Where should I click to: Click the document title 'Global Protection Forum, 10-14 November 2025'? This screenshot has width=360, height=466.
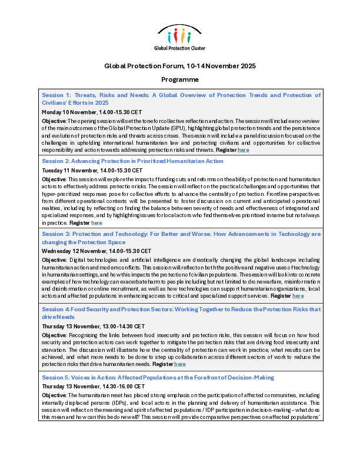[180, 66]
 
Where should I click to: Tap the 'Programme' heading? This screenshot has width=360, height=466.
[180, 79]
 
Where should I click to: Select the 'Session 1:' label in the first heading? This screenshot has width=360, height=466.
[56, 95]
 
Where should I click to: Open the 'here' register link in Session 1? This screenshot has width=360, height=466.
[244, 150]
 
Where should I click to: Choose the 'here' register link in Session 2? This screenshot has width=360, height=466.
[97, 223]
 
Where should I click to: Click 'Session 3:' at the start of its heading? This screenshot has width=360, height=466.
[56, 234]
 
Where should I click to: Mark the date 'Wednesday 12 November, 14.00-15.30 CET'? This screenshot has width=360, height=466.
[96, 250]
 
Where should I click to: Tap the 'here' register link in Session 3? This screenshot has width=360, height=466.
[298, 296]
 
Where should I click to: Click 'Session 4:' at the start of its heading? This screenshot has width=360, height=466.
[56, 309]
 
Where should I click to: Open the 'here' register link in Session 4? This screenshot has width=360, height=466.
[180, 364]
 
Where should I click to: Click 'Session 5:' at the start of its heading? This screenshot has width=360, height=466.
[56, 377]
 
